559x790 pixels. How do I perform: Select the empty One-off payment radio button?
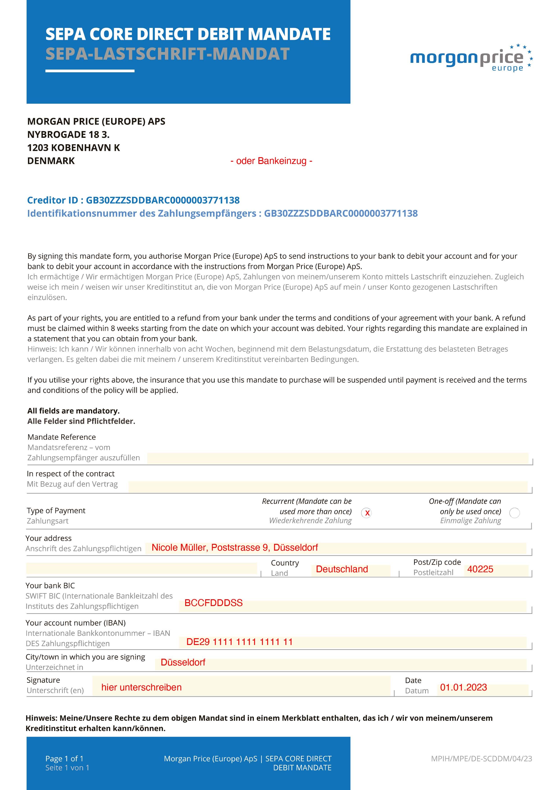[514, 513]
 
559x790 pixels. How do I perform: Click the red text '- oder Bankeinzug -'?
[271, 161]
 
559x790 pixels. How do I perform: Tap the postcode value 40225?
[480, 569]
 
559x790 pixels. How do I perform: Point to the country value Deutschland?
[342, 569]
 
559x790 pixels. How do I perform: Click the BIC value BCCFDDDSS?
[213, 603]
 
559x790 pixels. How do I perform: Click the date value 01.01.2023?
[463, 688]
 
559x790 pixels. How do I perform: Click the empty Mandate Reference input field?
[337, 458]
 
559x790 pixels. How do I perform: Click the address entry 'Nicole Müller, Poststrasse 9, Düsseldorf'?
[235, 547]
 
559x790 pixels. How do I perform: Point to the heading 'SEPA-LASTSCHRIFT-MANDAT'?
[167, 54]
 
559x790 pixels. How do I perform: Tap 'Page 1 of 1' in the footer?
[64, 758]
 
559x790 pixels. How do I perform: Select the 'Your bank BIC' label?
[50, 586]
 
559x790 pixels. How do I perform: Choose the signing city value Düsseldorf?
[183, 662]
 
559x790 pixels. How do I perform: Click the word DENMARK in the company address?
[51, 161]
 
